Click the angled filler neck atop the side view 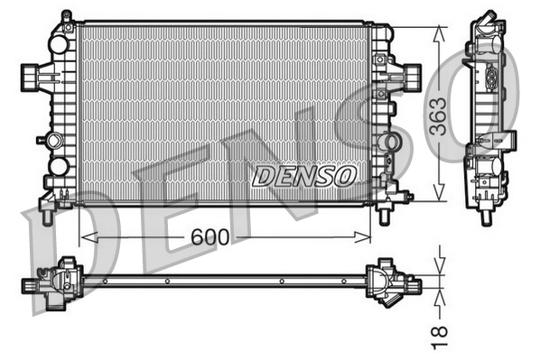488,22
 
